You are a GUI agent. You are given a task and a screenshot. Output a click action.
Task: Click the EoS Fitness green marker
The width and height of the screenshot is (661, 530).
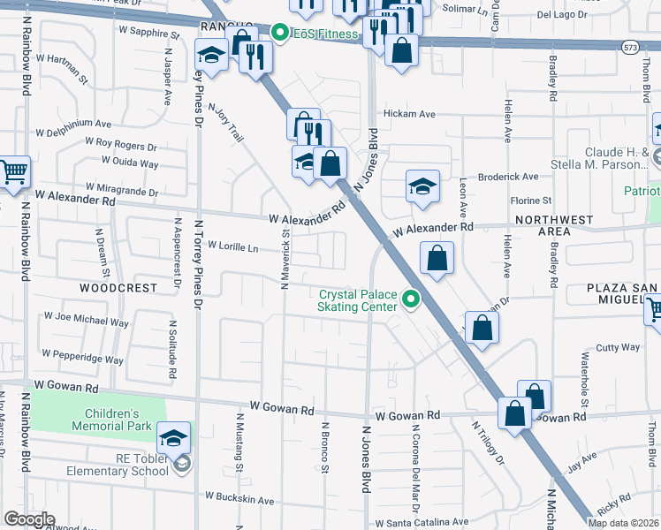281,34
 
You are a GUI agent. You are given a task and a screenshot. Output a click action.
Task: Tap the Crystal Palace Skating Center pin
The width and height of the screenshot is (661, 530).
410,301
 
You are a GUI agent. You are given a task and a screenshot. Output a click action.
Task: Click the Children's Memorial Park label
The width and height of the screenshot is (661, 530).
112,420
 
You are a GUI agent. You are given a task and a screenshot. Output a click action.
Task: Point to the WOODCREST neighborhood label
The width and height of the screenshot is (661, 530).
118,288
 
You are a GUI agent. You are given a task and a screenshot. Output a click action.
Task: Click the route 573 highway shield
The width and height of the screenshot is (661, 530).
629,47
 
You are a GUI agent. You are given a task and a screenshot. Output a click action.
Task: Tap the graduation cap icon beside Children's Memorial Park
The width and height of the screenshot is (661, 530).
174,436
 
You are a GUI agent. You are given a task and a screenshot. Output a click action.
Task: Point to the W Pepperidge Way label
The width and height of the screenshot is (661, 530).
84,359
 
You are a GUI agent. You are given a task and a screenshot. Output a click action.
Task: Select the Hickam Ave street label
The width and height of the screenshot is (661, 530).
409,114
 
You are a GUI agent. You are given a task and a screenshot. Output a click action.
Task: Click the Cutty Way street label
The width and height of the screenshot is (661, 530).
619,347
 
